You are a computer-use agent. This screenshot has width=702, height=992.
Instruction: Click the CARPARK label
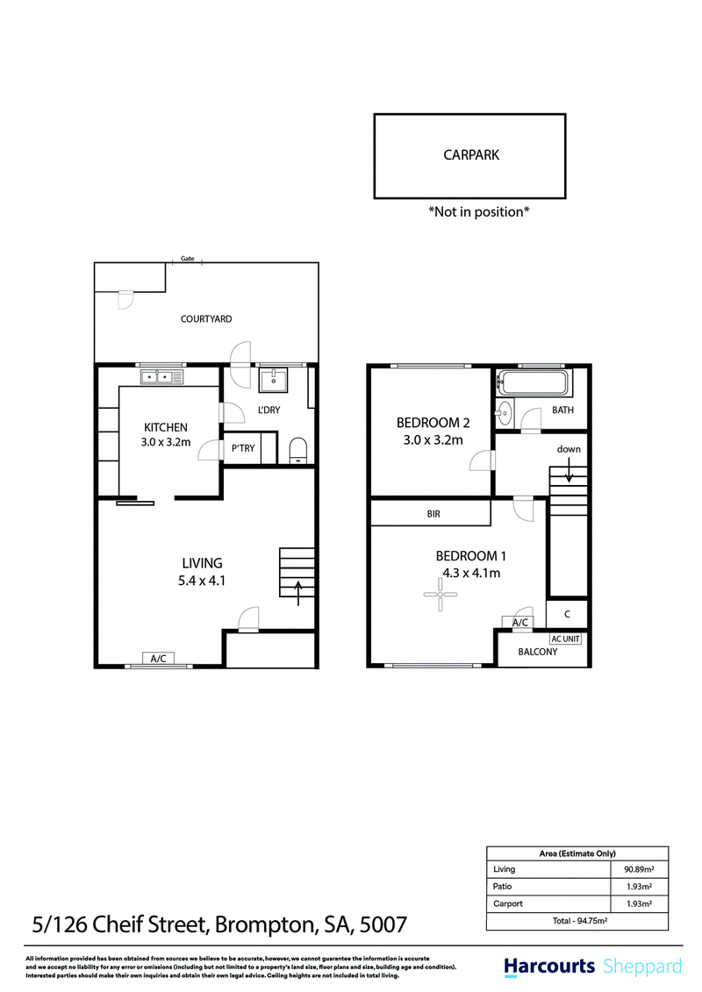[x=471, y=155]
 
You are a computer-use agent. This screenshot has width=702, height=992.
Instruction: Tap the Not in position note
[x=478, y=212]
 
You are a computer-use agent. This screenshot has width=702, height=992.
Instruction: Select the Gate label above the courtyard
[x=188, y=258]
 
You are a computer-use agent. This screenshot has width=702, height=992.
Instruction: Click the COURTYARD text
[x=206, y=319]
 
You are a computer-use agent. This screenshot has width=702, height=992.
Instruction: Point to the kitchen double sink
[x=161, y=377]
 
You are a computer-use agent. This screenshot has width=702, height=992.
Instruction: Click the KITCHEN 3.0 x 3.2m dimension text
[x=166, y=435]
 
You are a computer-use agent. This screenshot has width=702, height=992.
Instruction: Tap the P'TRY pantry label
[x=243, y=448]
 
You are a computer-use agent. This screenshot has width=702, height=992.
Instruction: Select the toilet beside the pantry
[x=297, y=451]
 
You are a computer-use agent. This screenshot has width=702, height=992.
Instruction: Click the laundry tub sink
[x=274, y=381]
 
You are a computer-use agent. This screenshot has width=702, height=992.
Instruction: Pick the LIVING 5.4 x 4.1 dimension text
[x=202, y=572]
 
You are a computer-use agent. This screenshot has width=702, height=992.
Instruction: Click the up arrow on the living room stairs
[x=298, y=593]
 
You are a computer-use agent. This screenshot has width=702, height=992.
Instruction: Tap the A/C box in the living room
[x=158, y=659]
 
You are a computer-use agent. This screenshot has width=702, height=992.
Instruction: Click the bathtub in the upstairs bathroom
[x=533, y=382]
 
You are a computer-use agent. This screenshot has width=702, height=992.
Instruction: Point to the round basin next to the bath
[x=505, y=413]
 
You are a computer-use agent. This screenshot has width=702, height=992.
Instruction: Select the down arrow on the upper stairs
[x=569, y=470]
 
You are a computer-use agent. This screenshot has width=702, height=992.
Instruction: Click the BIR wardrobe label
[x=433, y=514]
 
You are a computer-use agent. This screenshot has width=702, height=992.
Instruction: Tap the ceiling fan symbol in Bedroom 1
[x=440, y=594]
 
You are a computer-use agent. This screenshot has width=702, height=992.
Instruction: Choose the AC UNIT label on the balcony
[x=565, y=639]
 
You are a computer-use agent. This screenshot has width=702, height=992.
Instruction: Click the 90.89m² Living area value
[x=639, y=869]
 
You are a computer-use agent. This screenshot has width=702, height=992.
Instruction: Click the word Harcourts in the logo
[x=548, y=966]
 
